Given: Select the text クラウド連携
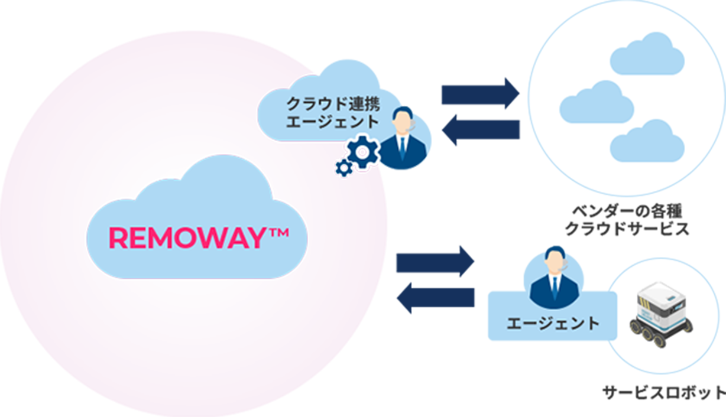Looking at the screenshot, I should (x=332, y=104).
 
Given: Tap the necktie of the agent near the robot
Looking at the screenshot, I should (x=555, y=289).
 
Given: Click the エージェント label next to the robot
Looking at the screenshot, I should (x=553, y=324).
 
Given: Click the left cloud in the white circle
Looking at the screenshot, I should (x=596, y=102).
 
